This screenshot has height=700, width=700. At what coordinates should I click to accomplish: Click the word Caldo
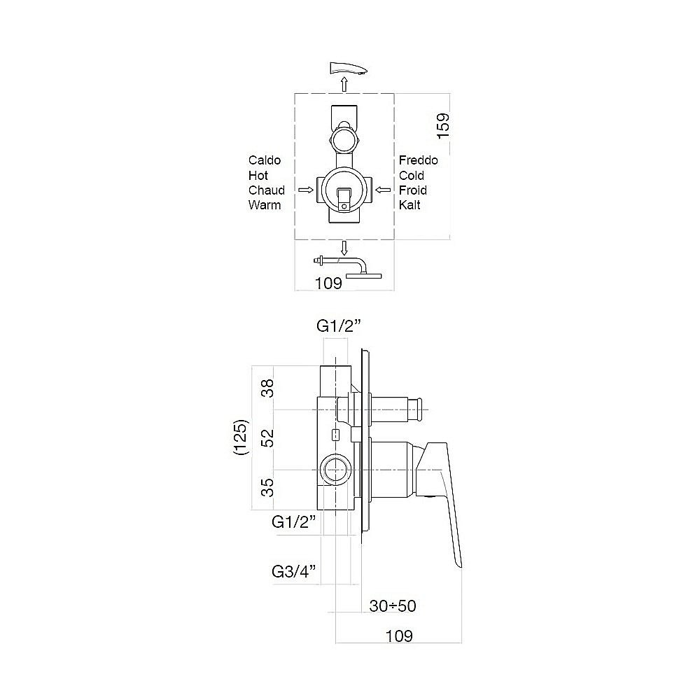point(265,160)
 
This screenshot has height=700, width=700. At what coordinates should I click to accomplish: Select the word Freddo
point(419,160)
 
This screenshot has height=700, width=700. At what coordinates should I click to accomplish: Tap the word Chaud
point(267,190)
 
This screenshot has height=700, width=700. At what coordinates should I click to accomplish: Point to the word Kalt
point(409,205)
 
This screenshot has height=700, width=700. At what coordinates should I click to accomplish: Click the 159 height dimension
point(443,126)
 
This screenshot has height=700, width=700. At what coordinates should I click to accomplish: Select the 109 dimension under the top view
point(328,283)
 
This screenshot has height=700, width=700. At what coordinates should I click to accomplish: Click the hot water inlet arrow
point(306,190)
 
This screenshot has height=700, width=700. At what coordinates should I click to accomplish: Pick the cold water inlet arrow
point(383,190)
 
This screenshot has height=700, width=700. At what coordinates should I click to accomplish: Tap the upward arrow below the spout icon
point(344,84)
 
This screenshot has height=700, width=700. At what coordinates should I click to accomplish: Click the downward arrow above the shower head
point(344,248)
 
